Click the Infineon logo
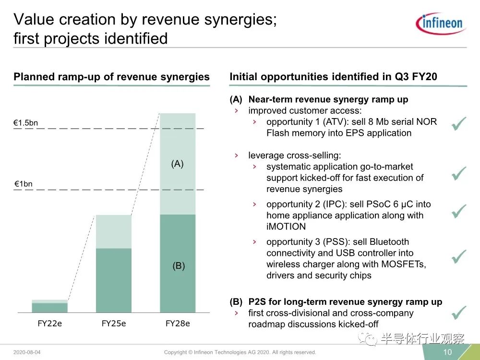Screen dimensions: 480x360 441,23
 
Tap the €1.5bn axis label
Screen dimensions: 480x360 25,123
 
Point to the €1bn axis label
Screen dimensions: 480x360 23,184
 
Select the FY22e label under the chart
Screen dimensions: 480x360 49,324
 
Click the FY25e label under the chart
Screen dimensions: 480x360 114,324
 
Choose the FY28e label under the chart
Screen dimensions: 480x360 178,324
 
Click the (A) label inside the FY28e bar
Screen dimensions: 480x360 177,164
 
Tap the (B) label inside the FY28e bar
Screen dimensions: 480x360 179,266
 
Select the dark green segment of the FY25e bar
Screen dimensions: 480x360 114,280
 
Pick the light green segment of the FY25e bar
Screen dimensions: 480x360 114,231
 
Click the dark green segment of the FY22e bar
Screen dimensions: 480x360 49,308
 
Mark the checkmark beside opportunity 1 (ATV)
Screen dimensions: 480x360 459,124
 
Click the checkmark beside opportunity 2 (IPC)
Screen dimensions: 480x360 459,211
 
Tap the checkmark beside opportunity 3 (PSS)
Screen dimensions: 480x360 459,256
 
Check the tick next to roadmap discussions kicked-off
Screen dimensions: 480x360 459,312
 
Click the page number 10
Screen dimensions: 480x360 447,352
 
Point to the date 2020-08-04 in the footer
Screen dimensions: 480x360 27,352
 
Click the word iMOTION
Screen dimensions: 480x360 286,227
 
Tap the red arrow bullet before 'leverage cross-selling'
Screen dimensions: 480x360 236,156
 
